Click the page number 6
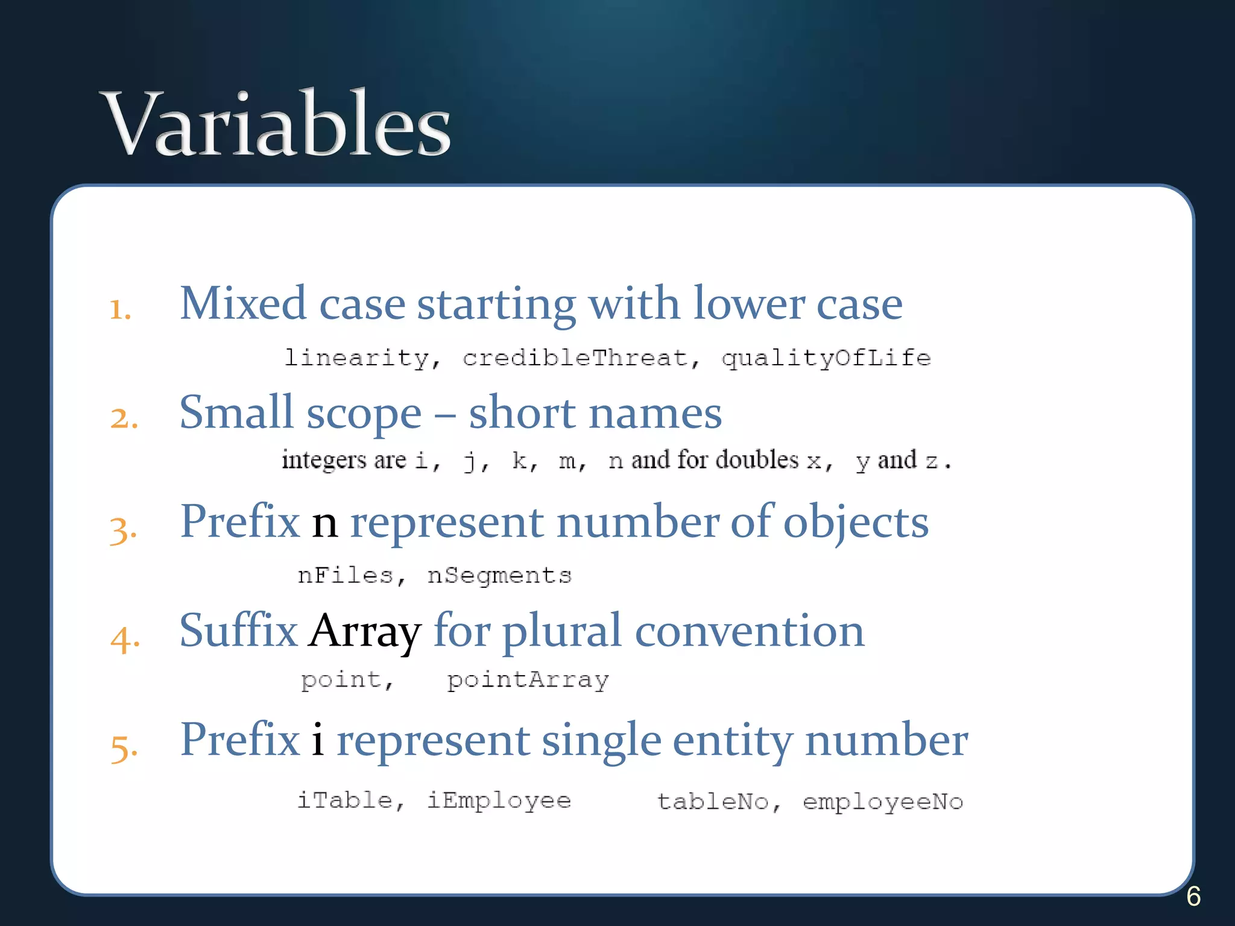coord(1193,896)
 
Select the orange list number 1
coord(120,310)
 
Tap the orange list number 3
coord(123,530)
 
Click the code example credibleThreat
coord(575,358)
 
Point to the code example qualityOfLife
coord(826,359)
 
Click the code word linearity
coord(356,358)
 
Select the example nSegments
coord(499,576)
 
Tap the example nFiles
coord(346,576)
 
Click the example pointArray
coord(528,681)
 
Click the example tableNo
coord(713,802)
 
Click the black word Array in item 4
coord(365,632)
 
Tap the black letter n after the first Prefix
coord(324,522)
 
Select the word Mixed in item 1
coord(243,303)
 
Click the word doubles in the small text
coord(759,459)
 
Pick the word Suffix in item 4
coord(238,631)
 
